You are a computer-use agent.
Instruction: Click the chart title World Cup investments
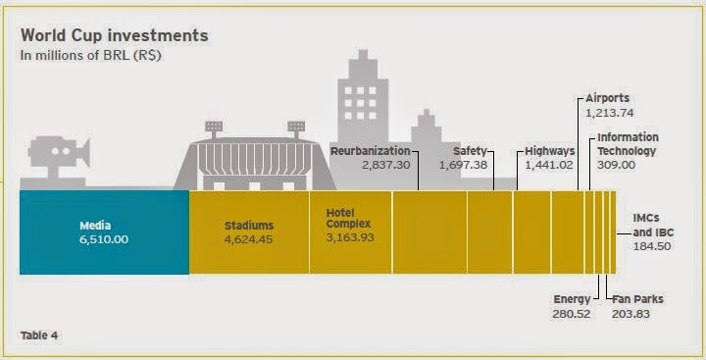click(115, 35)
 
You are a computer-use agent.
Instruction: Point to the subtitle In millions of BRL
click(91, 55)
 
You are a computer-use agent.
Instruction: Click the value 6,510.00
click(104, 238)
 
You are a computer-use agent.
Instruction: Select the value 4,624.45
click(249, 237)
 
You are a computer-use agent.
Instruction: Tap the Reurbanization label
click(370, 151)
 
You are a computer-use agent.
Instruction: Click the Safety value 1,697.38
click(470, 166)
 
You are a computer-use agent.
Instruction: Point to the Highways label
click(549, 151)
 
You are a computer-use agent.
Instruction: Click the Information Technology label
click(628, 144)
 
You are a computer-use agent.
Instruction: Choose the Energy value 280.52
click(571, 314)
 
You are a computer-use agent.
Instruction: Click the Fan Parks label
click(632, 299)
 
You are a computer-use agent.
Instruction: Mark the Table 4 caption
click(39, 335)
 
